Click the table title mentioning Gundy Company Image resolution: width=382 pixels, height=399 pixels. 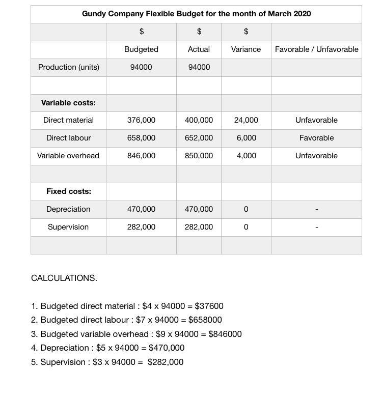(x=196, y=14)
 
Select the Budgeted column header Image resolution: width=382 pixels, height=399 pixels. (x=141, y=49)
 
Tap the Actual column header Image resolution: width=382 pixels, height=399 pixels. (x=199, y=49)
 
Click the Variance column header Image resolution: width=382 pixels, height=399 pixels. (x=246, y=49)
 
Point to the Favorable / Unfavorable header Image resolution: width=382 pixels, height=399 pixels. (x=316, y=49)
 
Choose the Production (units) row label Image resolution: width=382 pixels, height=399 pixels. (x=68, y=67)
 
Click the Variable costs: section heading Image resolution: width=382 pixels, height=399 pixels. (x=68, y=103)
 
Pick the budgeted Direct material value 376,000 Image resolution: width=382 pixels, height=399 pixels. (x=141, y=120)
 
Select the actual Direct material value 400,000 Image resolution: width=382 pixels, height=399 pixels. (x=199, y=120)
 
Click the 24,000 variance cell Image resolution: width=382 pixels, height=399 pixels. (x=246, y=120)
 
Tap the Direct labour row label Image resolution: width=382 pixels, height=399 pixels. (x=68, y=138)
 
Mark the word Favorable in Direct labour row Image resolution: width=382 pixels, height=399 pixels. (x=316, y=138)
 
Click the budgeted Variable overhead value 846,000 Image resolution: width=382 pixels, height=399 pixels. (x=141, y=156)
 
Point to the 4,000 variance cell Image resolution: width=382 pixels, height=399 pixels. (x=246, y=156)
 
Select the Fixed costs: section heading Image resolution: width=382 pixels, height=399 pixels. (x=68, y=191)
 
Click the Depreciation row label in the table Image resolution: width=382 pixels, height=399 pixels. (x=68, y=209)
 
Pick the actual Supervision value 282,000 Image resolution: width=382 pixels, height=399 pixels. (x=199, y=227)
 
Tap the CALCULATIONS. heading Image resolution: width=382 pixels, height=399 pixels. (x=64, y=278)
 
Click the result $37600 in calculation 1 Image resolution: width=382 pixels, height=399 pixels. (x=209, y=306)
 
